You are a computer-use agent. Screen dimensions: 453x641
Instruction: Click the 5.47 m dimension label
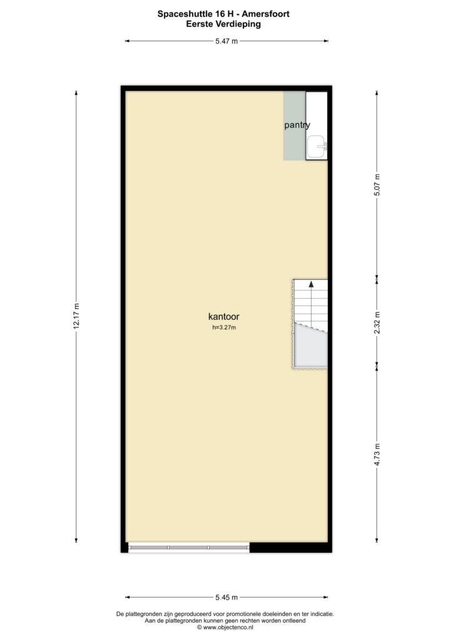click(227, 41)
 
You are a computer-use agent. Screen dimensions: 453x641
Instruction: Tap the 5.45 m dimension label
click(227, 597)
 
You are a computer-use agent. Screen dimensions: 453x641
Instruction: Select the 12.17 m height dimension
click(76, 316)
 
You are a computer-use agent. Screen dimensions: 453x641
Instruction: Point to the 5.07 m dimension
click(377, 185)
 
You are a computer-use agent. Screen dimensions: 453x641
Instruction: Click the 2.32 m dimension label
click(377, 322)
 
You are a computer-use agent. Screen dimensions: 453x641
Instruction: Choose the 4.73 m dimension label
click(377, 454)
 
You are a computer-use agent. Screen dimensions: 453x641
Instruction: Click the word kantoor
click(224, 316)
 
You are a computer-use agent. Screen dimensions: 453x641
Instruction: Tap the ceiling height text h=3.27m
click(224, 327)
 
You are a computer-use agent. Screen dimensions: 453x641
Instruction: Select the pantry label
click(297, 125)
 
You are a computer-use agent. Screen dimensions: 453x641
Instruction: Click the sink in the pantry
click(317, 146)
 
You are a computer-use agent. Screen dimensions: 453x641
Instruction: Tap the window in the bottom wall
click(189, 547)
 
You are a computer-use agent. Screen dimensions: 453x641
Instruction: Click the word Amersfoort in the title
click(265, 14)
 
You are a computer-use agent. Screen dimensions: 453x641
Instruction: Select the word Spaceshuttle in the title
click(183, 14)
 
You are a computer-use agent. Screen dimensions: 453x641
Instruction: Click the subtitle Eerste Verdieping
click(223, 24)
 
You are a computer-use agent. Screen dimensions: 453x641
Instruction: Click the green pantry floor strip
click(295, 125)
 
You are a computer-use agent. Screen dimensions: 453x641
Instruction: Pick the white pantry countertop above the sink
click(317, 114)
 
